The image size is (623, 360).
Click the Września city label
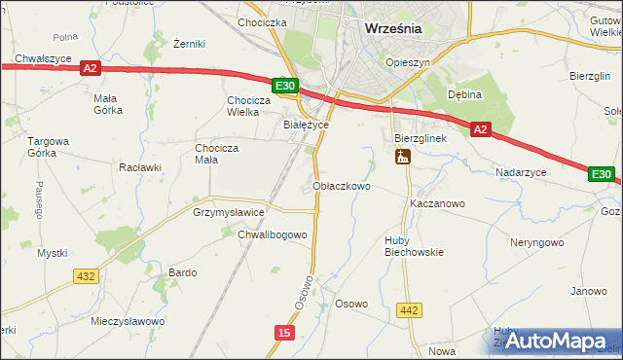click(x=392, y=28)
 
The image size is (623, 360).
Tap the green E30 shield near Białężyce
click(x=284, y=87)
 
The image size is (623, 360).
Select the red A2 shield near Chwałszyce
click(x=90, y=68)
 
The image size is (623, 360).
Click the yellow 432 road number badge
click(x=85, y=276)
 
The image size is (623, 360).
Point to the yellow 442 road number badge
click(x=410, y=310)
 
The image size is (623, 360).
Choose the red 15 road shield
click(x=282, y=333)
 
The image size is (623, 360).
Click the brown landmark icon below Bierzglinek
click(x=403, y=157)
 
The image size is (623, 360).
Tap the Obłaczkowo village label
click(x=341, y=185)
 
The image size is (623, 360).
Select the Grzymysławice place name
click(x=229, y=211)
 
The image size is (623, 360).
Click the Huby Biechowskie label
click(x=412, y=244)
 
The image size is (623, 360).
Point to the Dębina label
click(x=465, y=94)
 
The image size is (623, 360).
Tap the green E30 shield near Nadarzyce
click(x=602, y=174)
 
